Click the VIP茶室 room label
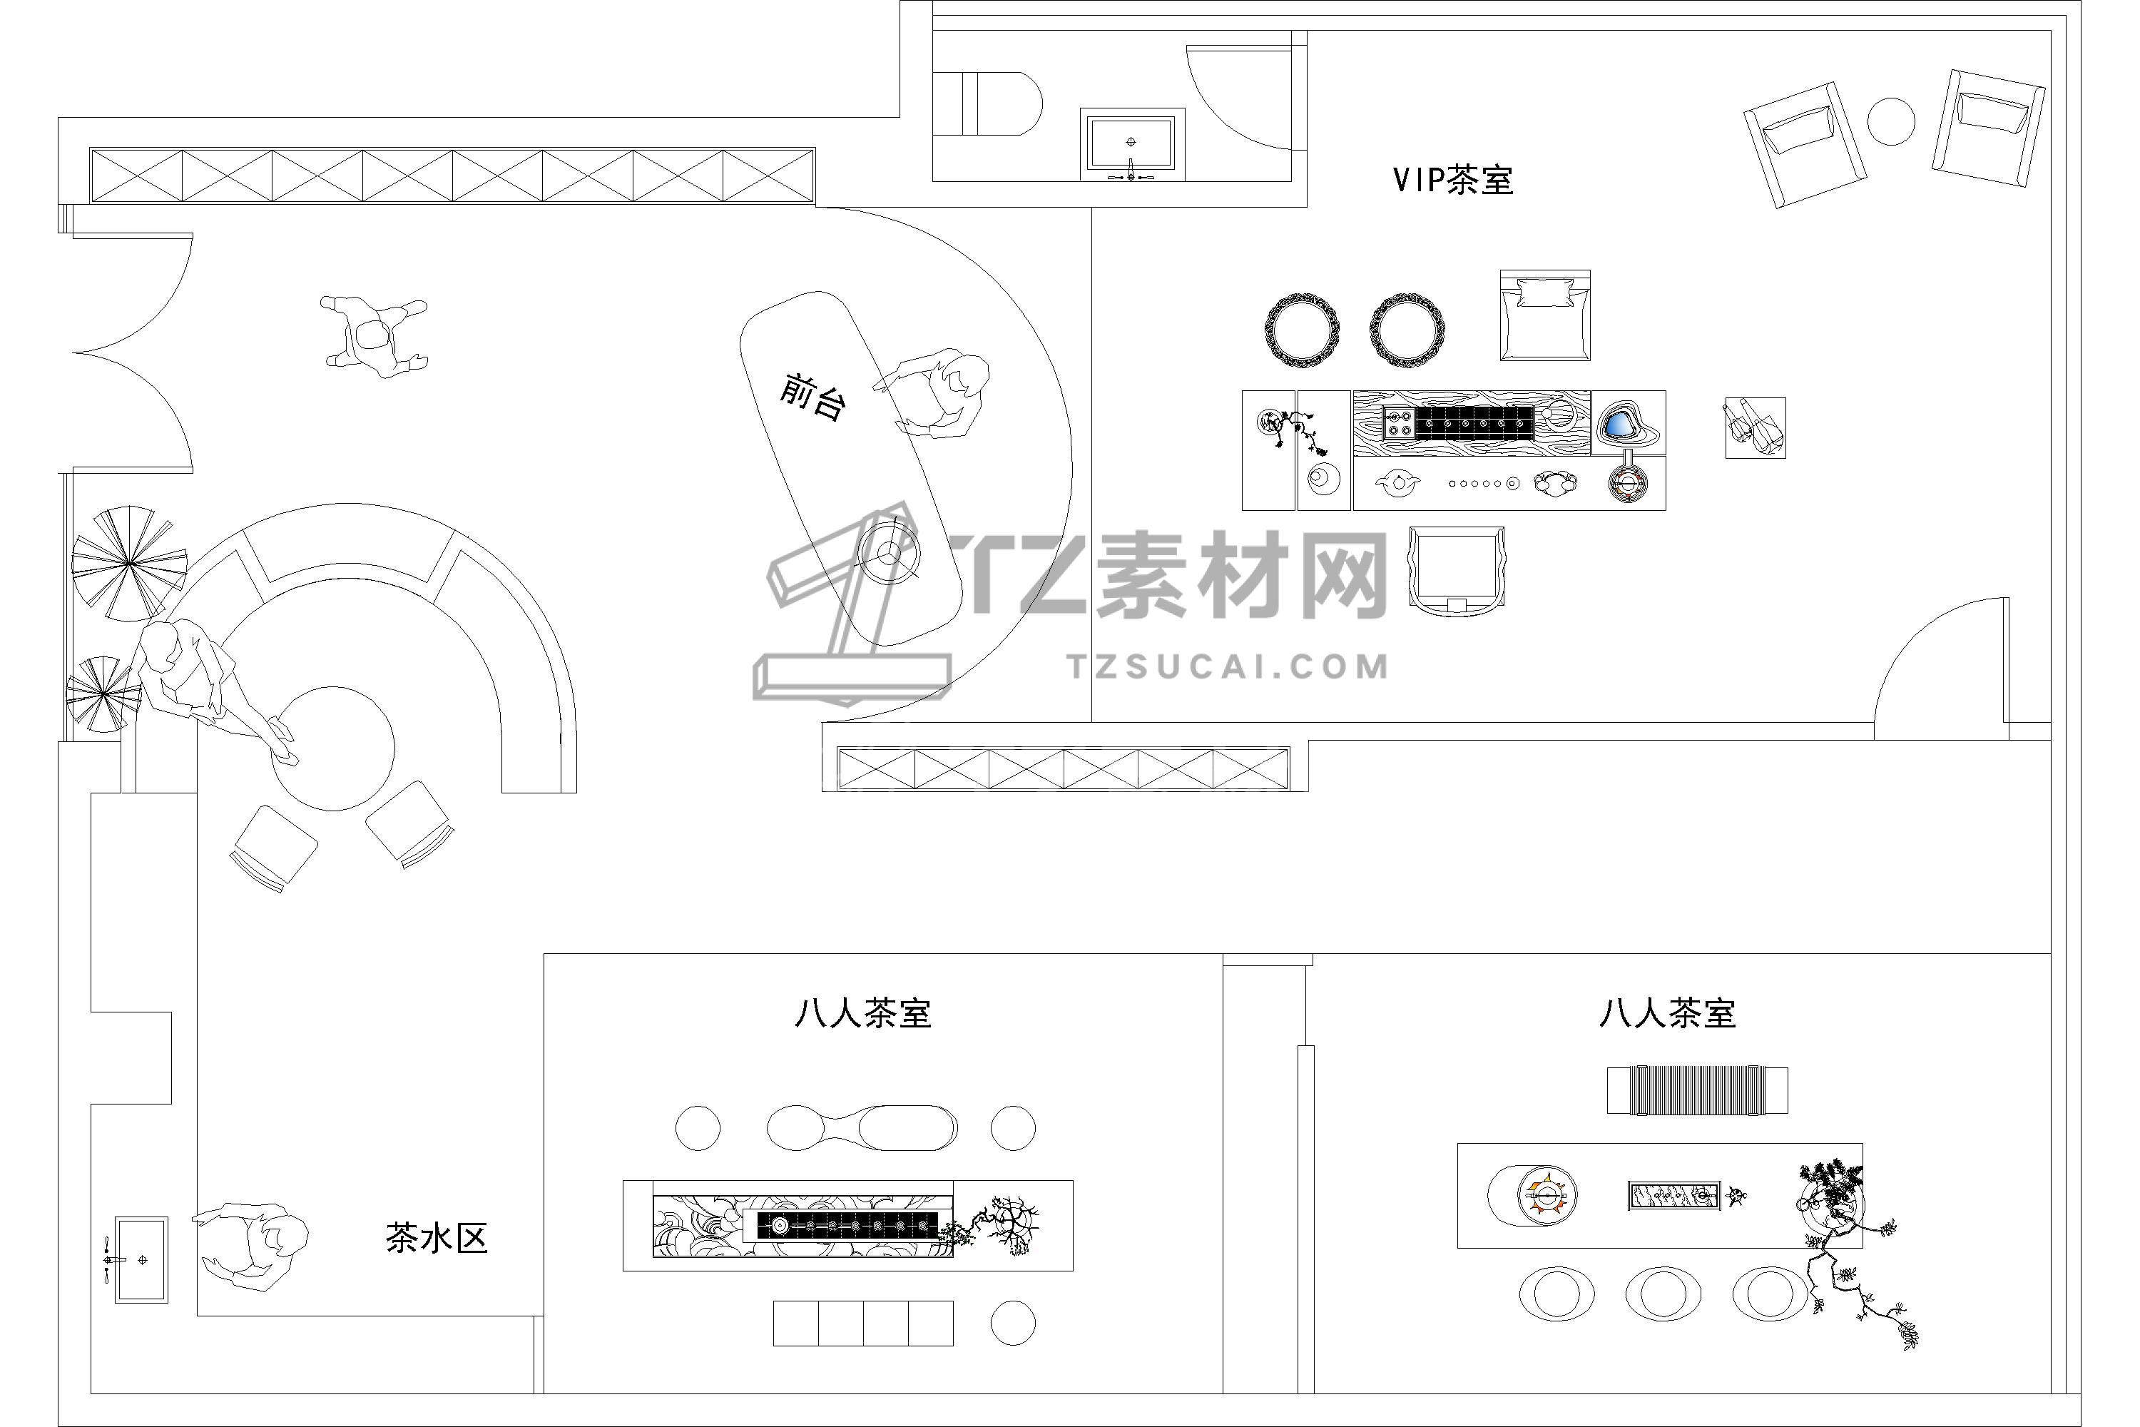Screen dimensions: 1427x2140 pyautogui.click(x=1453, y=181)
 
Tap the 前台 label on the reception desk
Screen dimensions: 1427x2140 pyautogui.click(x=812, y=397)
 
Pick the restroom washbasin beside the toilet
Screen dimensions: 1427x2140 pyautogui.click(x=1132, y=144)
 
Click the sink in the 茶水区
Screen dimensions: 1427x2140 pyautogui.click(x=141, y=1259)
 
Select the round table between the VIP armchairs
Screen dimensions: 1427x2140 pyautogui.click(x=1891, y=121)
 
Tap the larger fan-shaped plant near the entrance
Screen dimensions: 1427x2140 pyautogui.click(x=129, y=564)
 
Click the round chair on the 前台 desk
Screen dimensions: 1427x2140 pyautogui.click(x=889, y=552)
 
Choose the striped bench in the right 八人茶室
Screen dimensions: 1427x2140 pyautogui.click(x=1697, y=1090)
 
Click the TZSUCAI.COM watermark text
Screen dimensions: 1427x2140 pyautogui.click(x=1228, y=666)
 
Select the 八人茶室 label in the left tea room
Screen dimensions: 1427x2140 pyautogui.click(x=862, y=1014)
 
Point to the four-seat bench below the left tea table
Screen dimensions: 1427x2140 pyautogui.click(x=862, y=1324)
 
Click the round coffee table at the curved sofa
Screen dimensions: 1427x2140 pyautogui.click(x=333, y=748)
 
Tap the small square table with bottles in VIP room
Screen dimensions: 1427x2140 pyautogui.click(x=1755, y=427)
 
